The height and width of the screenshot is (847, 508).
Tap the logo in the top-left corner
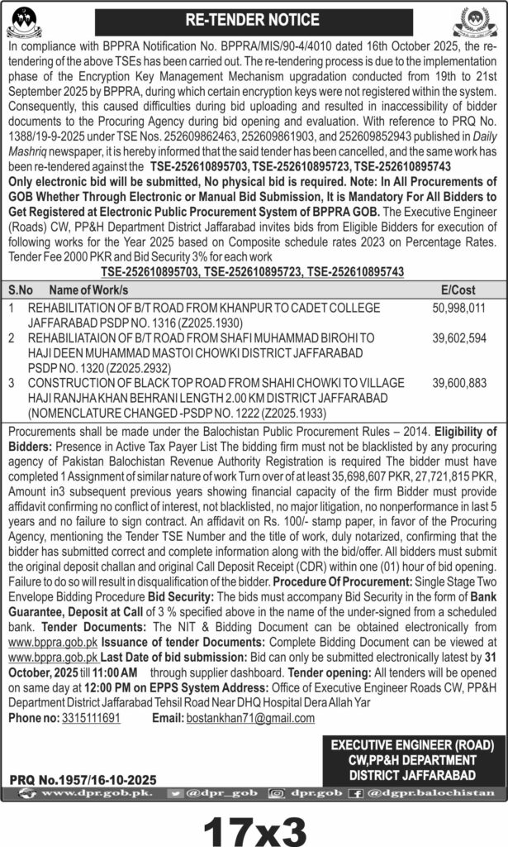[26, 19]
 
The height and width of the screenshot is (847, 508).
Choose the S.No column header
[21, 290]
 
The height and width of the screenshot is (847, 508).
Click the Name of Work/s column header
[89, 290]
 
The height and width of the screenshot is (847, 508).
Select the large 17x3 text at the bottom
[254, 822]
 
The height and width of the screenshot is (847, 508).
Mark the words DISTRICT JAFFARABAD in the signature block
[411, 775]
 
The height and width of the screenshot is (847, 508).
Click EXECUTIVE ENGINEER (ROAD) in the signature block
[411, 745]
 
